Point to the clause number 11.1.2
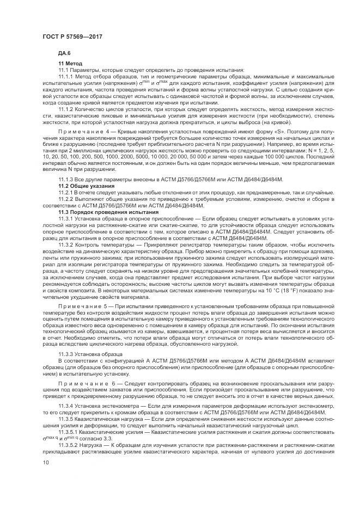tap(66, 110)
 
